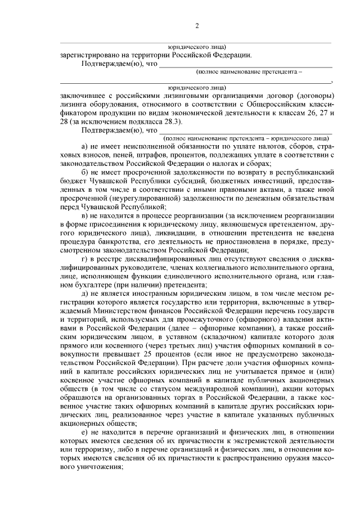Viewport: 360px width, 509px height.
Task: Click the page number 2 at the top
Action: pos(197,25)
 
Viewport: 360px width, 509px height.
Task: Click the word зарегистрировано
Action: pos(85,55)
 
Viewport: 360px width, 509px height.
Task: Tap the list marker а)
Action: pos(85,146)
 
